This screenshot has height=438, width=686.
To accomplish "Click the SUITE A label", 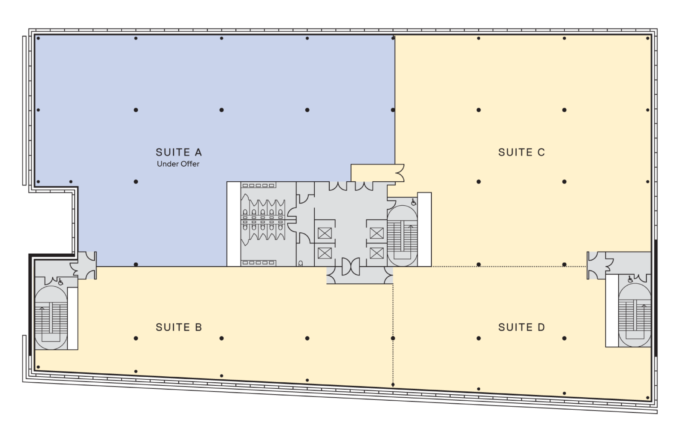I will tap(178, 152).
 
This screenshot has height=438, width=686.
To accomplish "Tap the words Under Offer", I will tap(178, 164).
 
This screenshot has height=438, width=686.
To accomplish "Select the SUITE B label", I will tap(178, 327).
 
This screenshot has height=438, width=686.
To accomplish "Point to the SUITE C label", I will tap(521, 152).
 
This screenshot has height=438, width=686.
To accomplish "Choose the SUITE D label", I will tap(521, 327).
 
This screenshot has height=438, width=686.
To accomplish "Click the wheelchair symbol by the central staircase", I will tap(414, 201).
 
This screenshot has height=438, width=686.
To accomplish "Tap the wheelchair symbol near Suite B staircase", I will tap(61, 282).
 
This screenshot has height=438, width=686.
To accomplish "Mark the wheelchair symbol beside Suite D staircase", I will tap(630, 279).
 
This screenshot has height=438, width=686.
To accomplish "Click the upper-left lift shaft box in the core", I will tap(324, 233).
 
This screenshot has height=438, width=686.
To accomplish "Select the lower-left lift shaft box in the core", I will tap(324, 253).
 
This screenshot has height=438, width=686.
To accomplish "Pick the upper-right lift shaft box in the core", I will tap(376, 233).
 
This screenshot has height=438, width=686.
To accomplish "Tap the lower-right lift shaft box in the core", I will tap(376, 253).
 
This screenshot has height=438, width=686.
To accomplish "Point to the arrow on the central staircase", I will tap(411, 227).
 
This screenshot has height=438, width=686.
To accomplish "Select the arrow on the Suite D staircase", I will tap(644, 305).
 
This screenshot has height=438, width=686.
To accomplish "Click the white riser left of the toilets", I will tap(233, 224).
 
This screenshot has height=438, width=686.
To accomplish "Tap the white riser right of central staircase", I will tap(424, 229).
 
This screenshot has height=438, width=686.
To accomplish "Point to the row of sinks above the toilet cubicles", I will tap(259, 186).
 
